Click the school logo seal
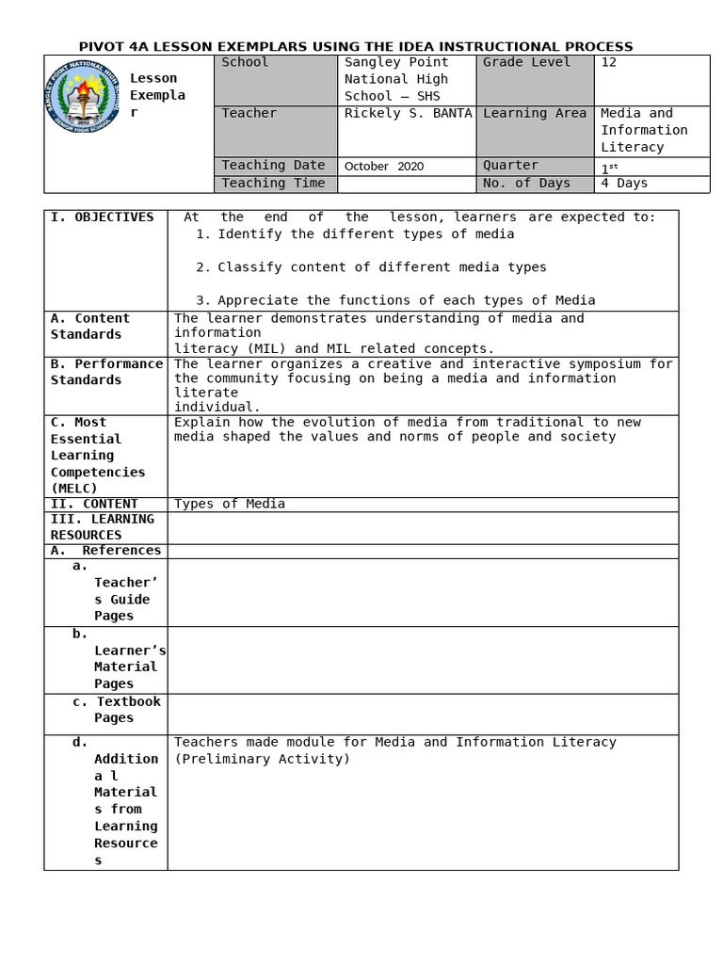coord(82,96)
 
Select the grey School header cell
coord(276,79)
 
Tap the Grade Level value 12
coord(608,62)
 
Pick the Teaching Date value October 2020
coord(384,167)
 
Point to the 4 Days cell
coord(624,184)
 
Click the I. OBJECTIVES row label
coord(102,217)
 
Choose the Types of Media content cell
coord(230,504)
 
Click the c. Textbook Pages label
coord(116,710)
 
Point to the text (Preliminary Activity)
coord(262,759)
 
